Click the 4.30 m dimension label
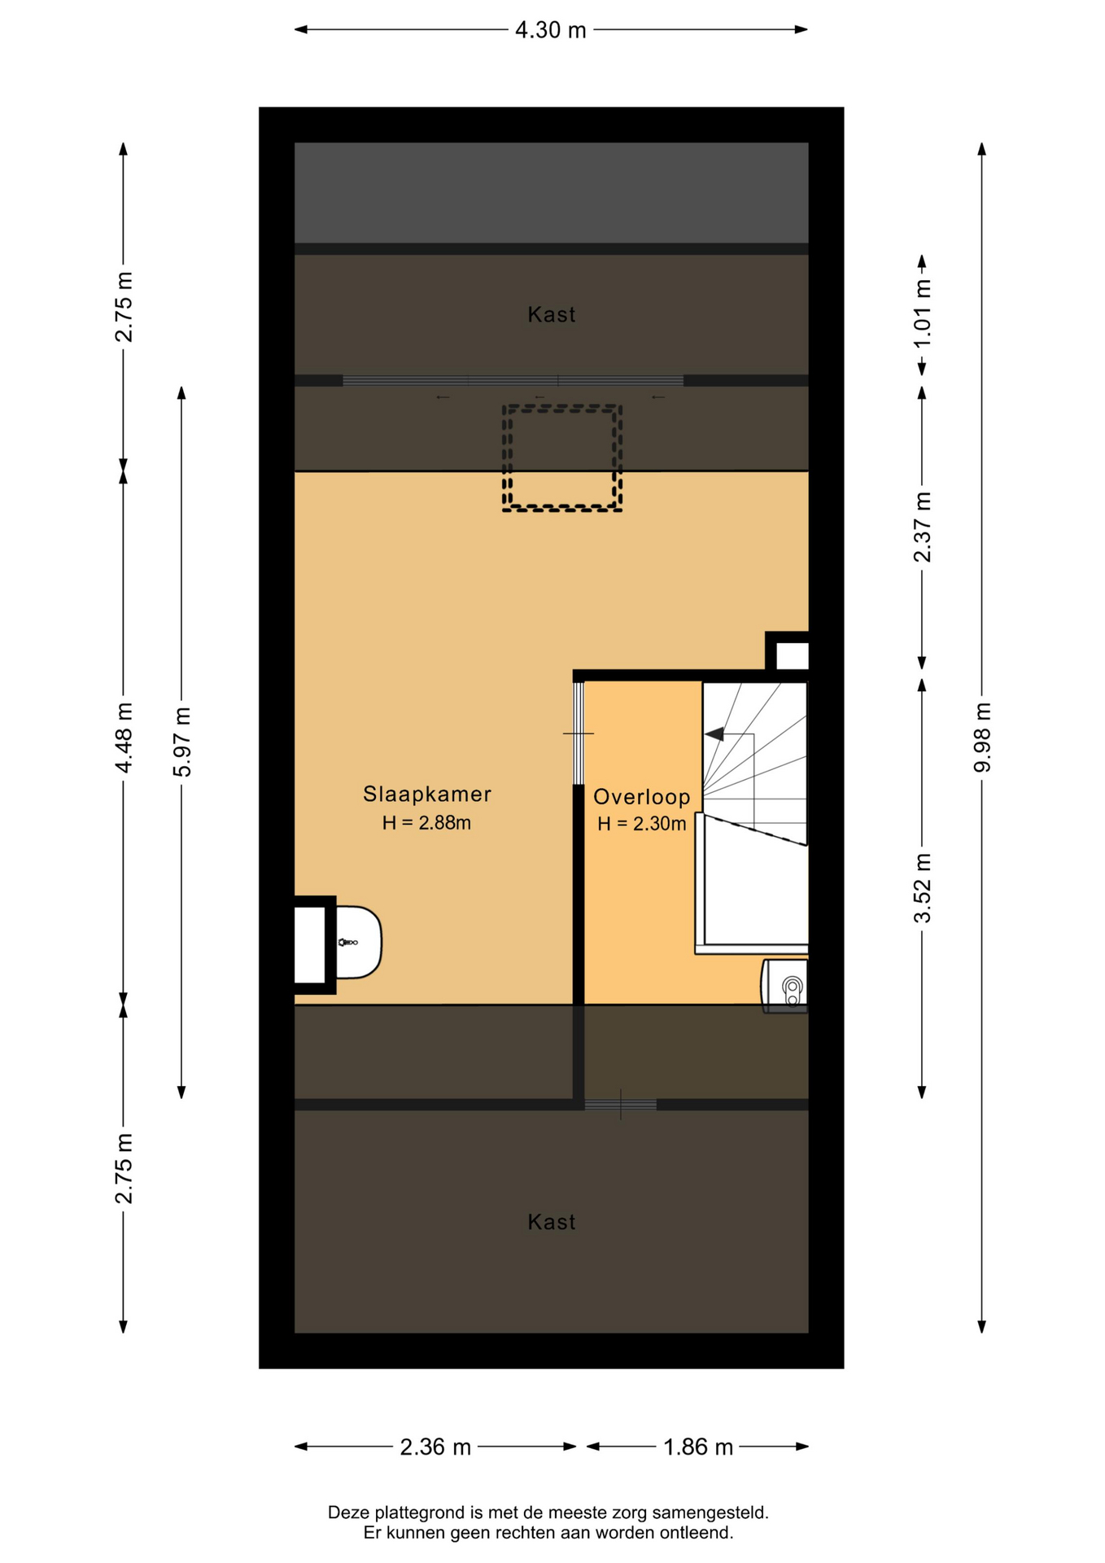(x=550, y=30)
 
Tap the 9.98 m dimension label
(x=982, y=737)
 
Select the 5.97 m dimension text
(x=182, y=742)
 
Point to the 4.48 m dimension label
(x=124, y=738)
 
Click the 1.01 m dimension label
(x=922, y=313)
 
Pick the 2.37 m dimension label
(x=922, y=528)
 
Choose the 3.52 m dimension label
(x=922, y=888)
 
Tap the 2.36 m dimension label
(x=435, y=1447)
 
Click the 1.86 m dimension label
(x=698, y=1447)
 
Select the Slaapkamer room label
(x=427, y=794)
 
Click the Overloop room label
(x=642, y=797)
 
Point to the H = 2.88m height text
(x=426, y=823)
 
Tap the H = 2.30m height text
(x=642, y=824)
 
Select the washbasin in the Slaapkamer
(x=359, y=942)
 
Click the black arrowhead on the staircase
(x=714, y=734)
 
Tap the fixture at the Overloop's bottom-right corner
(x=785, y=986)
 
